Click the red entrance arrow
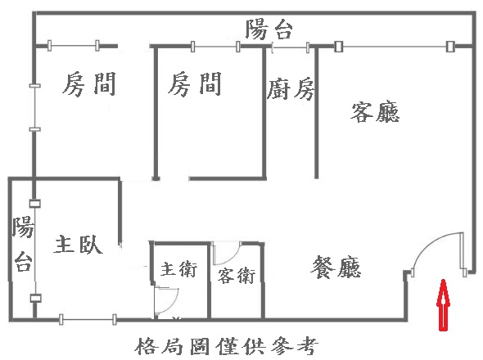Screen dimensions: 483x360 [x=443, y=305]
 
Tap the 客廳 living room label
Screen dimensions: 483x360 [x=375, y=112]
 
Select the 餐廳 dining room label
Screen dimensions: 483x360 [x=336, y=267]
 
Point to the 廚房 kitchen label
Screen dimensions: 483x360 [x=291, y=89]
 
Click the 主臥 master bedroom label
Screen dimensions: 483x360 [x=79, y=245]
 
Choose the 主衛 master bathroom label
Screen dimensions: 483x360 [x=179, y=269]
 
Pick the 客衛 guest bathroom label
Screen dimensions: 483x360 [x=237, y=276]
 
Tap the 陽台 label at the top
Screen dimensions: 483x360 [x=269, y=29]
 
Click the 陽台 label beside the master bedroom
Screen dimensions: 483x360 [x=23, y=243]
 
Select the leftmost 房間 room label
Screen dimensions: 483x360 [x=89, y=83]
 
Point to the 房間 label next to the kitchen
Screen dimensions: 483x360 [x=195, y=83]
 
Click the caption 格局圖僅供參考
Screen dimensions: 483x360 [x=227, y=346]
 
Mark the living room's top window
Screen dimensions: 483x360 [x=395, y=47]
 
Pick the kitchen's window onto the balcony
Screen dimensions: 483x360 [x=290, y=47]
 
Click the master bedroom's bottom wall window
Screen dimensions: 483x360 [x=88, y=319]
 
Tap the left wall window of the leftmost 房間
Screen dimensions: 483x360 [x=35, y=107]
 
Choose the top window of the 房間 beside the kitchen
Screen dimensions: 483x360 [x=215, y=47]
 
